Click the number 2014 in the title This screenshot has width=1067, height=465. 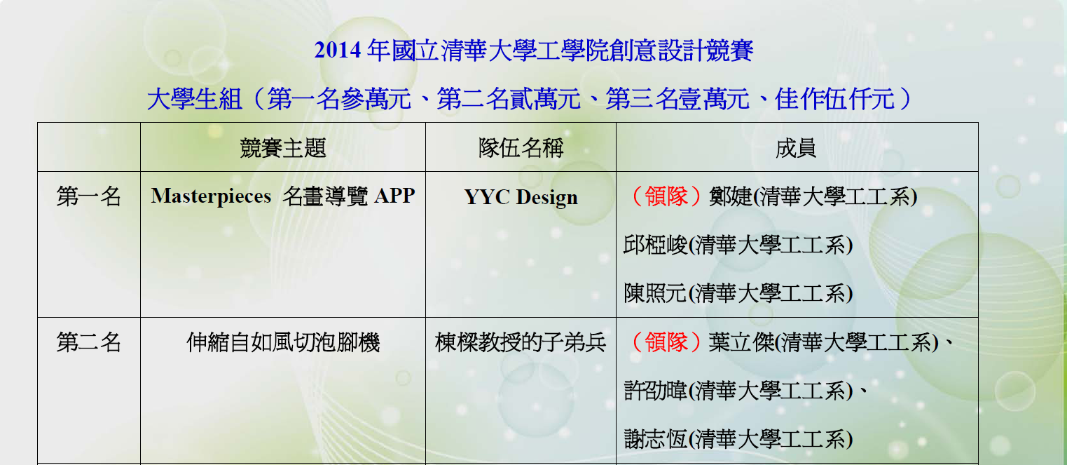(337, 50)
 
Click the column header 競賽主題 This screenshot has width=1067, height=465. (283, 148)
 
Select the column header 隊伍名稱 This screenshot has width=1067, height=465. (521, 148)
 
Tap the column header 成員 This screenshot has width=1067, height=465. (796, 148)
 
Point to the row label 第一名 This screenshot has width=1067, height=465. (88, 196)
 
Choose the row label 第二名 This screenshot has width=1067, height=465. (88, 342)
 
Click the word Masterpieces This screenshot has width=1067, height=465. (211, 196)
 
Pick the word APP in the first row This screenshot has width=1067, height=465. (394, 196)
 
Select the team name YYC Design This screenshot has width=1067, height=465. (521, 198)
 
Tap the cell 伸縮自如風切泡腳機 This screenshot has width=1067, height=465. (283, 342)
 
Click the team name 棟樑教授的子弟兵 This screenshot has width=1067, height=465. (520, 342)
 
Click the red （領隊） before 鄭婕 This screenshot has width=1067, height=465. (666, 196)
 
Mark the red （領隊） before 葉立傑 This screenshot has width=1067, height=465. (666, 342)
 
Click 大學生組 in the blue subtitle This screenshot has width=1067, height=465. (194, 99)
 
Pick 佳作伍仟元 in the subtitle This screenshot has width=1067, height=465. (834, 99)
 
